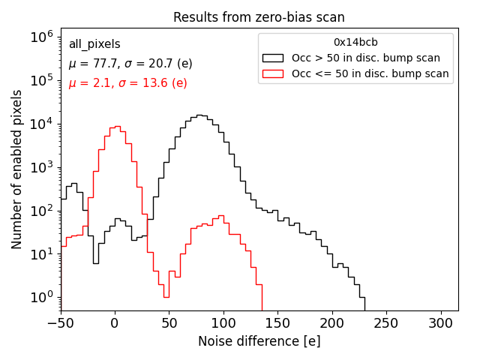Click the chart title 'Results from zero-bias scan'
[x=259, y=17]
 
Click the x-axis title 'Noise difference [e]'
[x=259, y=341]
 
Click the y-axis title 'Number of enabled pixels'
[x=17, y=169]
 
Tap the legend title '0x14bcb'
[x=355, y=43]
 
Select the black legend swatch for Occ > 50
[x=272, y=58]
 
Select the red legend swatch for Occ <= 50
[x=272, y=73]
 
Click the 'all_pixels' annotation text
[x=94, y=45]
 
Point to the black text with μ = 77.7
[x=130, y=64]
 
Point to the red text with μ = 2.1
[x=127, y=82]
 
